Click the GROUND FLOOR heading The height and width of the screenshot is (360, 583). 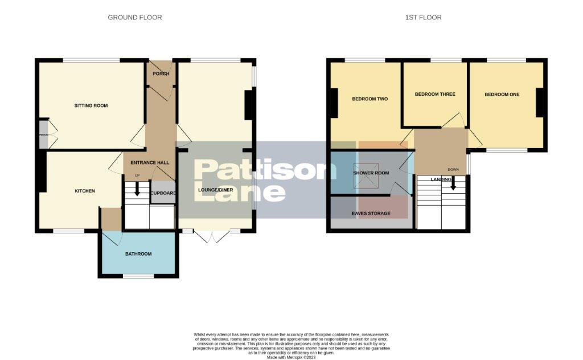(x=135, y=18)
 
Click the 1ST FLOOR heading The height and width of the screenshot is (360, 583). (x=423, y=18)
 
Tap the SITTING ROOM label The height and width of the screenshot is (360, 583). (x=91, y=105)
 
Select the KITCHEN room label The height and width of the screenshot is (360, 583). (x=85, y=191)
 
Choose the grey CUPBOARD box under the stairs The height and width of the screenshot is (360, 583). (x=162, y=193)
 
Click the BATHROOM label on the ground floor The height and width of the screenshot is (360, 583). (x=138, y=253)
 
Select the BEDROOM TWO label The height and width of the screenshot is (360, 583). (x=369, y=99)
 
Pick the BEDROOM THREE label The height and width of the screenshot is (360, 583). (x=435, y=94)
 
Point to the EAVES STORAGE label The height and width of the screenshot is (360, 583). (x=370, y=214)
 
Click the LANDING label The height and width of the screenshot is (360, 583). (x=441, y=179)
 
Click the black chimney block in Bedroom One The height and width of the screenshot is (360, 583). (x=541, y=103)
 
